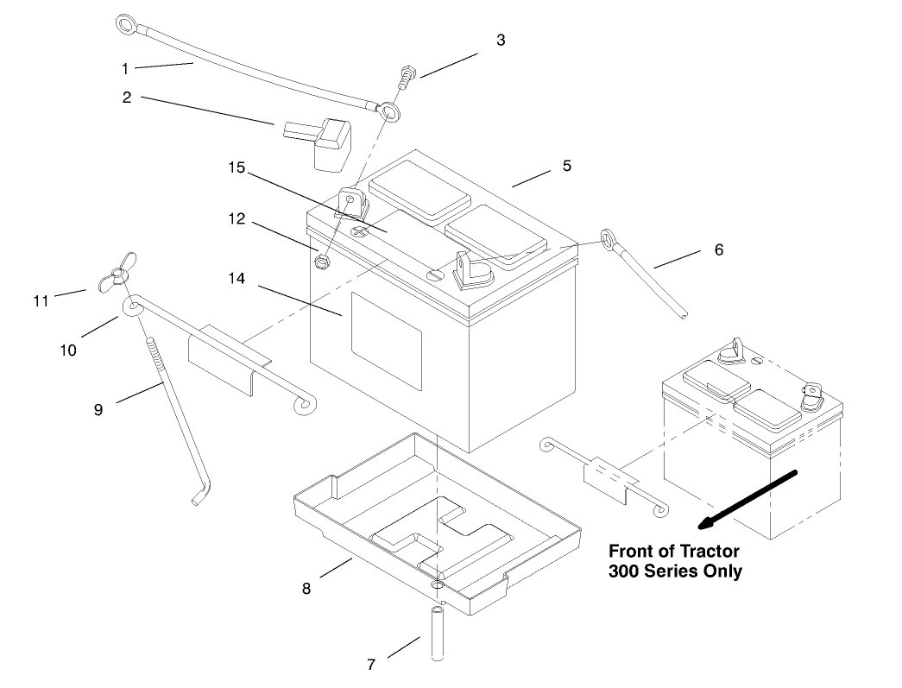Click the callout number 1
(x=125, y=67)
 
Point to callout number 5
(x=567, y=166)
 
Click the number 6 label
(x=718, y=249)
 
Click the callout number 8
(x=306, y=589)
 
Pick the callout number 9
(x=98, y=409)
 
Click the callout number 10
(x=68, y=350)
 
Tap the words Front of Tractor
(x=674, y=551)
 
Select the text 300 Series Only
(x=675, y=571)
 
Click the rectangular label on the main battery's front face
(x=386, y=334)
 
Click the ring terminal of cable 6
(x=608, y=237)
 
